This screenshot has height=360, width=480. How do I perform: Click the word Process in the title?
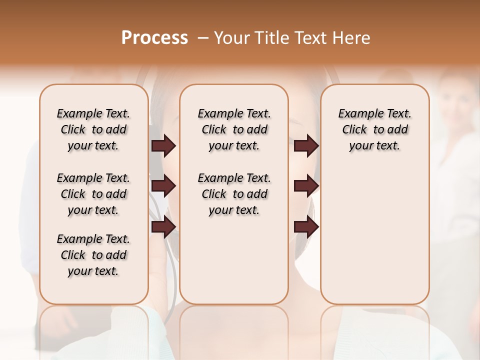pyautogui.click(x=154, y=38)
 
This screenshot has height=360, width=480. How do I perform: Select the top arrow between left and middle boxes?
pyautogui.click(x=163, y=146)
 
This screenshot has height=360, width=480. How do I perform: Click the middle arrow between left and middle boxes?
pyautogui.click(x=163, y=186)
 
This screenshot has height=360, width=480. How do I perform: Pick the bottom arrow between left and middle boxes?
pyautogui.click(x=163, y=227)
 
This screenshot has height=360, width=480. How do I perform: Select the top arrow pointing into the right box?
pyautogui.click(x=306, y=146)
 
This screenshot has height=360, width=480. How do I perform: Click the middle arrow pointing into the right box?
pyautogui.click(x=306, y=186)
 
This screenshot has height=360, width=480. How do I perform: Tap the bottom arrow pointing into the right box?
pyautogui.click(x=306, y=227)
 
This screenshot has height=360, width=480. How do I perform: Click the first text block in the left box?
pyautogui.click(x=93, y=130)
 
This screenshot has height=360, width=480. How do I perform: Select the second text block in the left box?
pyautogui.click(x=93, y=194)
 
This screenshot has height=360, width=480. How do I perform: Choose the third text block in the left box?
pyautogui.click(x=93, y=255)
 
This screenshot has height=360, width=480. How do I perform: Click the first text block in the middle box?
pyautogui.click(x=234, y=130)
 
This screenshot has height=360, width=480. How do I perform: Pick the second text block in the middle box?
pyautogui.click(x=234, y=194)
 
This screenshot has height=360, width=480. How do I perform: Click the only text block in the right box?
pyautogui.click(x=374, y=130)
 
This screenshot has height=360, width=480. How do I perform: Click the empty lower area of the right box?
pyautogui.click(x=374, y=235)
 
